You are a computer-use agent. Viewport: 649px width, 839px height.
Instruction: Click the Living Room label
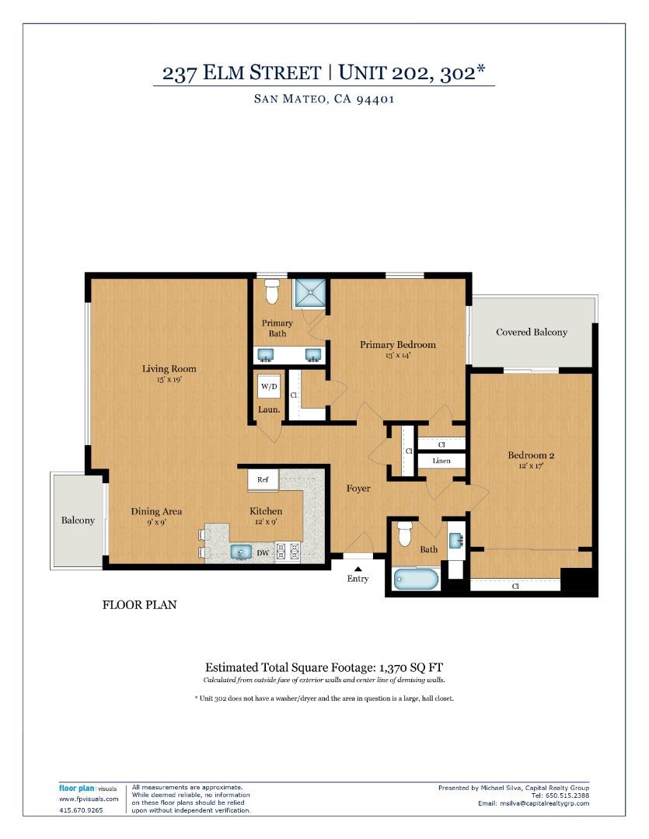169,369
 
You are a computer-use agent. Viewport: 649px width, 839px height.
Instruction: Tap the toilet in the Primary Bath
271,292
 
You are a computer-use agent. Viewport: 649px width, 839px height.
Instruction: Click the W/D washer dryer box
269,387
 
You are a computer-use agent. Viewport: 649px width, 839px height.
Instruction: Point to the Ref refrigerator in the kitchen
263,480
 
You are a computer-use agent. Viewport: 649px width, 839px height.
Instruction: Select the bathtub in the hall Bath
417,580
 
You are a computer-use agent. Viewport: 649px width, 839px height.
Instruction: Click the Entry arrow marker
358,569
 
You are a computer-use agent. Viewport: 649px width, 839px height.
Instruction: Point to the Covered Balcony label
532,332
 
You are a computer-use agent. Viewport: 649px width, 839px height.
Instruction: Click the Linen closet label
441,461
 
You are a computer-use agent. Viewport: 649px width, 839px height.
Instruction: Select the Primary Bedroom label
397,345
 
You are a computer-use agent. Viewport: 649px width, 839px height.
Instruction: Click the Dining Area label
156,511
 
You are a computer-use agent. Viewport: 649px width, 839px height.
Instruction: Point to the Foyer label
358,489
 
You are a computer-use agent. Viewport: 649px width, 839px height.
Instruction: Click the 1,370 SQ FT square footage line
323,667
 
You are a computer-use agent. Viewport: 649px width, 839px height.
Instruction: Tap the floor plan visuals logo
87,789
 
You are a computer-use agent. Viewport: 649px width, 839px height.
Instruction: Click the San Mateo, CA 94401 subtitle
323,99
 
